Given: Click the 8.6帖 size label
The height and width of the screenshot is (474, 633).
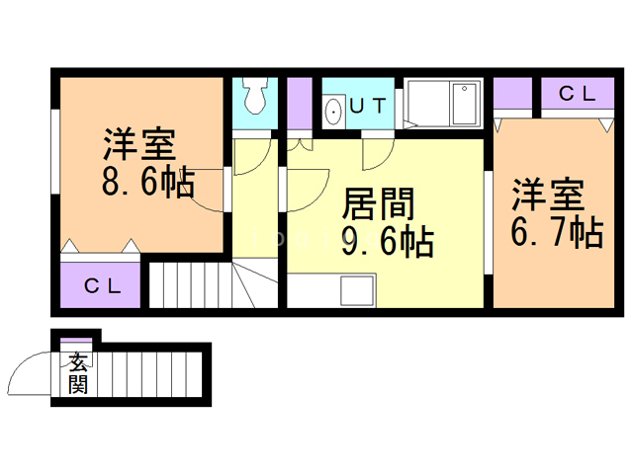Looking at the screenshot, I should [146, 184].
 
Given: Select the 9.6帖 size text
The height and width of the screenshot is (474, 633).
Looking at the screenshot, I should [387, 240].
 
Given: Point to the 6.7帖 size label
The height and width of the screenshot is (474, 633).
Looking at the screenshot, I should [557, 232].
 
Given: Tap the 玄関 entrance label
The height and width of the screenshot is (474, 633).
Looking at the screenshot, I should [77, 374].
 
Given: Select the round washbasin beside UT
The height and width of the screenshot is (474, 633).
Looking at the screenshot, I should [333, 110].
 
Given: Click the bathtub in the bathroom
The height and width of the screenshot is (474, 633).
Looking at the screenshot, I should [441, 102].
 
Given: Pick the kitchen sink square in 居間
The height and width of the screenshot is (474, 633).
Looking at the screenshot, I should [355, 291].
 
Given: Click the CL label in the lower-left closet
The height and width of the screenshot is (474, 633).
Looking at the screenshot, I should [102, 286].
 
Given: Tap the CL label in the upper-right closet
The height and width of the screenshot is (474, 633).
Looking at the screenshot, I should [577, 95].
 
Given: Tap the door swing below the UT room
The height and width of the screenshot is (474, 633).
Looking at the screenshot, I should [379, 154].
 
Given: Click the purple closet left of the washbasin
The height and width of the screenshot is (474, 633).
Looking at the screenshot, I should [299, 102].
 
